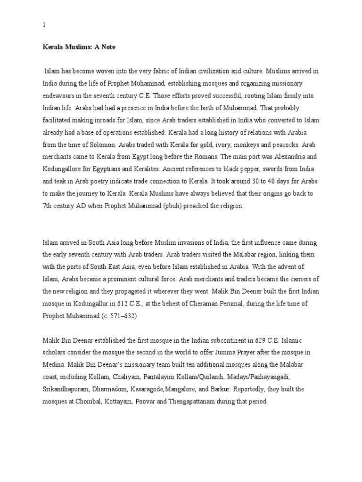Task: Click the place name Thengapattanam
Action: tap(229, 402)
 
